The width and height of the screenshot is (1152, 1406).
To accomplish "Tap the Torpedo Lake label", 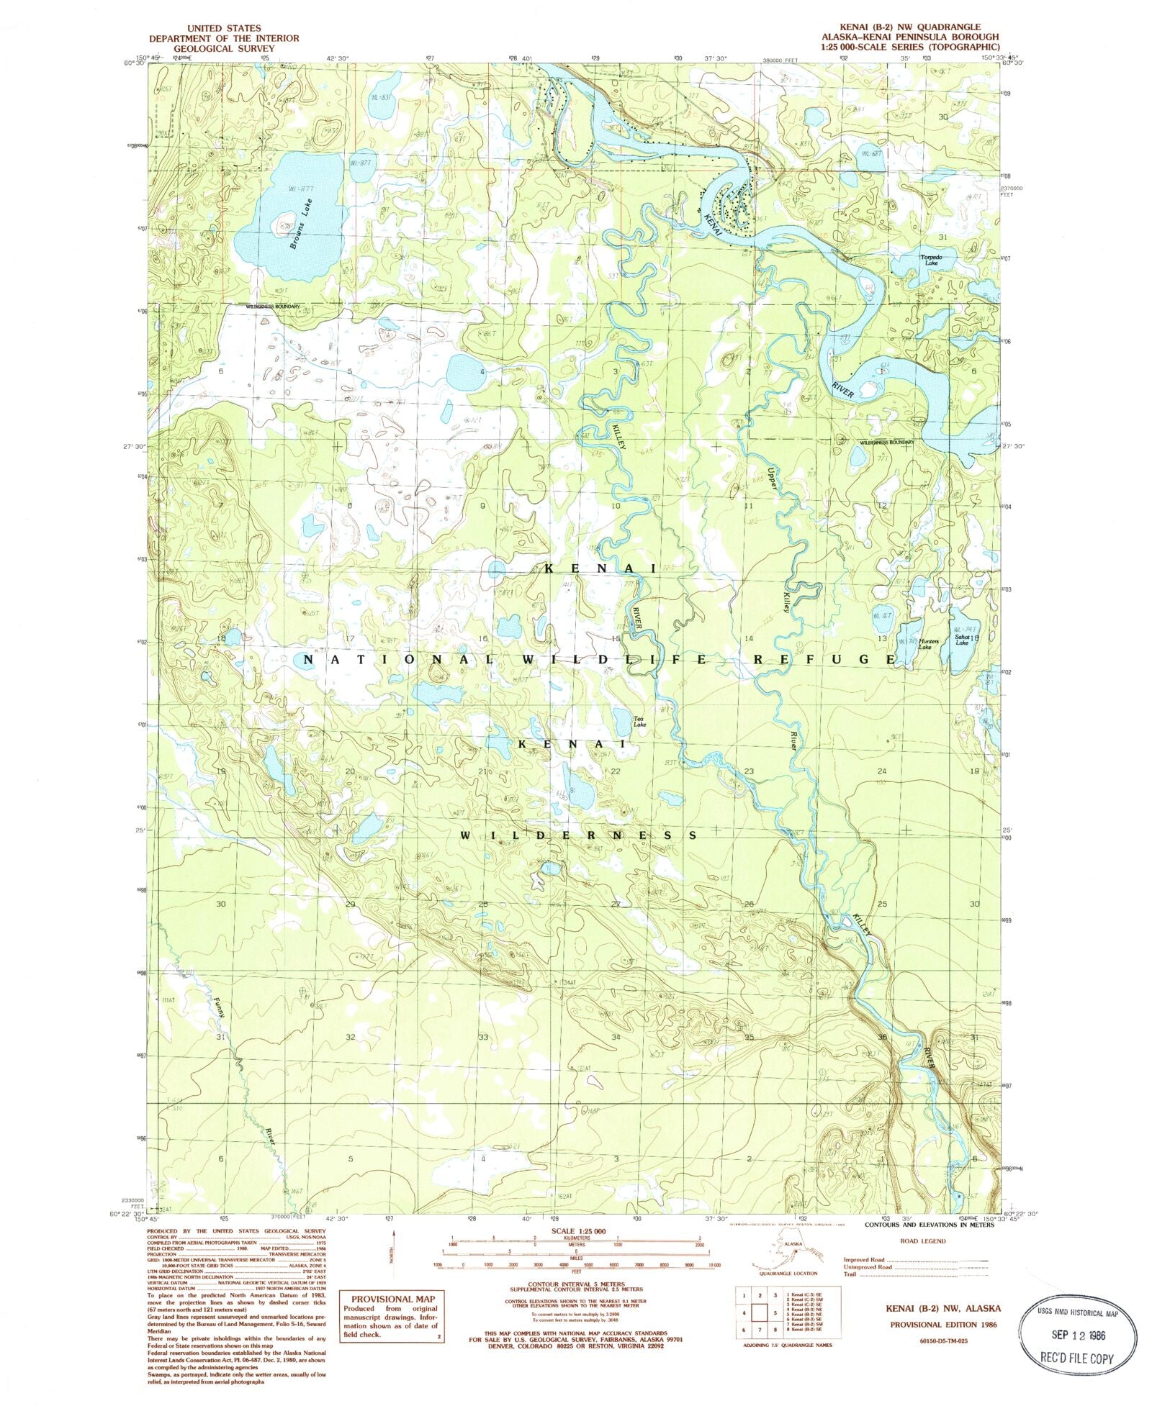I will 931,260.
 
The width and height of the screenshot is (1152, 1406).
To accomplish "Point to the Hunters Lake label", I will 925,643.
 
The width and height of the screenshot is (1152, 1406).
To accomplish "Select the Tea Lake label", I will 639,722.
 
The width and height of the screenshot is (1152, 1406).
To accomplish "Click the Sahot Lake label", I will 962,640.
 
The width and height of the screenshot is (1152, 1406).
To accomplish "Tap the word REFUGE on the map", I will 824,659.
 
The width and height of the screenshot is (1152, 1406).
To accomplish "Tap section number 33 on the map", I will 482,1037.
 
